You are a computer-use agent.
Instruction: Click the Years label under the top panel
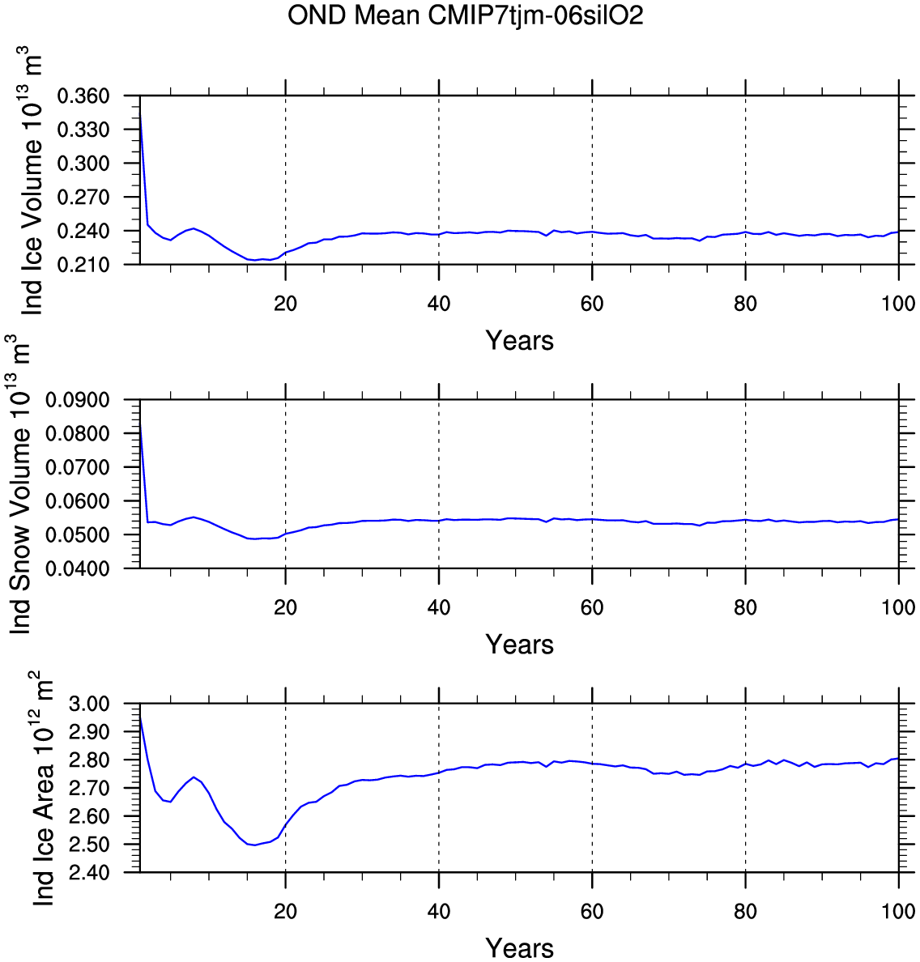pyautogui.click(x=519, y=341)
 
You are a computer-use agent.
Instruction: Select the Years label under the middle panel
pyautogui.click(x=519, y=645)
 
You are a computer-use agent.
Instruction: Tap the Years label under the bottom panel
pyautogui.click(x=519, y=947)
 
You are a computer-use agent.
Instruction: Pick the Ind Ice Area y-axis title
pyautogui.click(x=42, y=789)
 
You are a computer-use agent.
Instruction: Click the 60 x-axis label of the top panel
pyautogui.click(x=592, y=304)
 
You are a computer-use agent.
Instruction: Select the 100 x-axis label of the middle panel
pyautogui.click(x=898, y=608)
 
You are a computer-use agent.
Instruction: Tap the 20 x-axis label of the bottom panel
pyautogui.click(x=285, y=912)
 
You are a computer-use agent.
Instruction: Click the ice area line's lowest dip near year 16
pyautogui.click(x=255, y=845)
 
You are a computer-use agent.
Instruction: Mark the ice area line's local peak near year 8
pyautogui.click(x=194, y=777)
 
